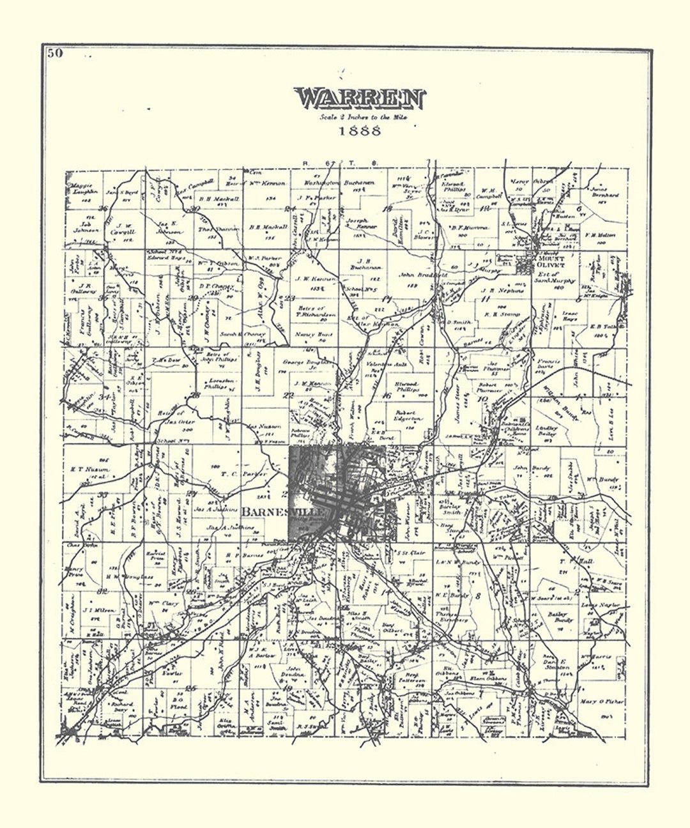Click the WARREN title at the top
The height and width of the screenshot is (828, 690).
coord(360,99)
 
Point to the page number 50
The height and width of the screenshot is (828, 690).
coord(54,53)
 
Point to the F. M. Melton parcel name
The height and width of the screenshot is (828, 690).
coord(600,235)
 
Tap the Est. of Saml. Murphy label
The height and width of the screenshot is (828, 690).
coord(554,280)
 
